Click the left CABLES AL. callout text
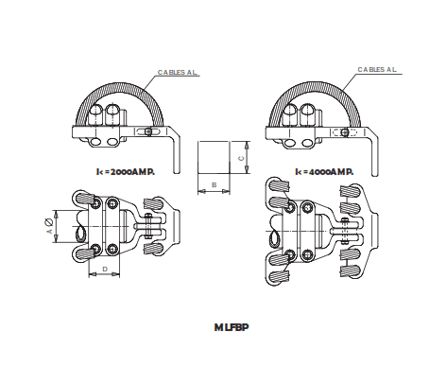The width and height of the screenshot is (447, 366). click(178, 72)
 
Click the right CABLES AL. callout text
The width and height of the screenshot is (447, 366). click(378, 69)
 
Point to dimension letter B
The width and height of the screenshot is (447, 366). click(215, 184)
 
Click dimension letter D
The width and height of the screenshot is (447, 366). click(104, 270)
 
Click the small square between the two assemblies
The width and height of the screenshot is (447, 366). click(214, 157)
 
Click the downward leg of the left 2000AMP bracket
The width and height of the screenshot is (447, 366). click(176, 147)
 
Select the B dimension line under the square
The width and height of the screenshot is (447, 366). click(214, 191)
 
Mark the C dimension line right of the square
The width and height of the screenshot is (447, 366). click(247, 157)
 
